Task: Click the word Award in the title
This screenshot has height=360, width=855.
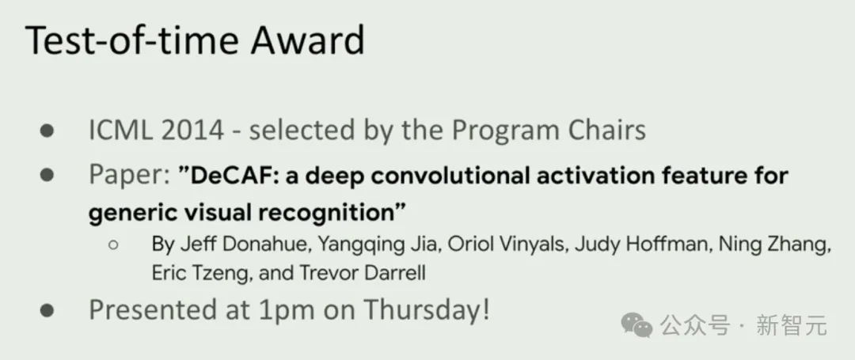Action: pos(307,40)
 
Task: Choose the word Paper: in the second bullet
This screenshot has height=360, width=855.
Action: pos(130,176)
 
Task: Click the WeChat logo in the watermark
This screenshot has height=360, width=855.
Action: pos(636,325)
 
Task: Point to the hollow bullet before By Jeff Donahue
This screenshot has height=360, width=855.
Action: pos(113,245)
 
